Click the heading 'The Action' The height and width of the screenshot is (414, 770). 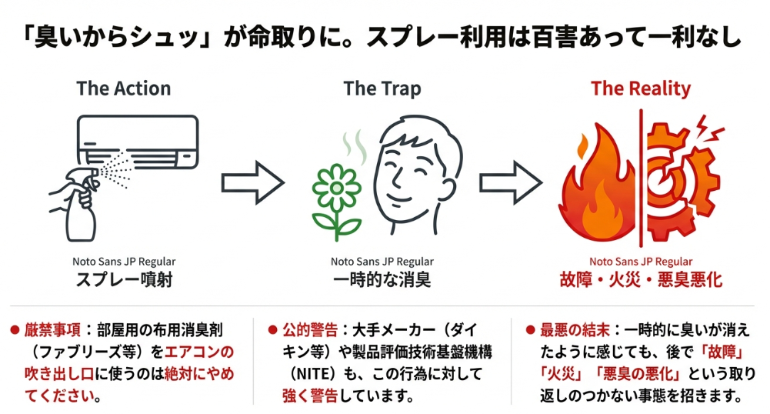[x=123, y=88]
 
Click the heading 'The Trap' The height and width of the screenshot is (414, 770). [x=382, y=88]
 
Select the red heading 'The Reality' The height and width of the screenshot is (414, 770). [x=641, y=88]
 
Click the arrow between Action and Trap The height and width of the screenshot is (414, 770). [x=253, y=183]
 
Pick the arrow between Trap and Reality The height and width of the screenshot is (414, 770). [x=511, y=183]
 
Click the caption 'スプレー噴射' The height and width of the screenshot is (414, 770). [x=124, y=279]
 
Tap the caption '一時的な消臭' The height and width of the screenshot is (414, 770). [x=382, y=279]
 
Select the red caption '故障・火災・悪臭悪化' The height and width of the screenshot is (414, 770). [x=641, y=279]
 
